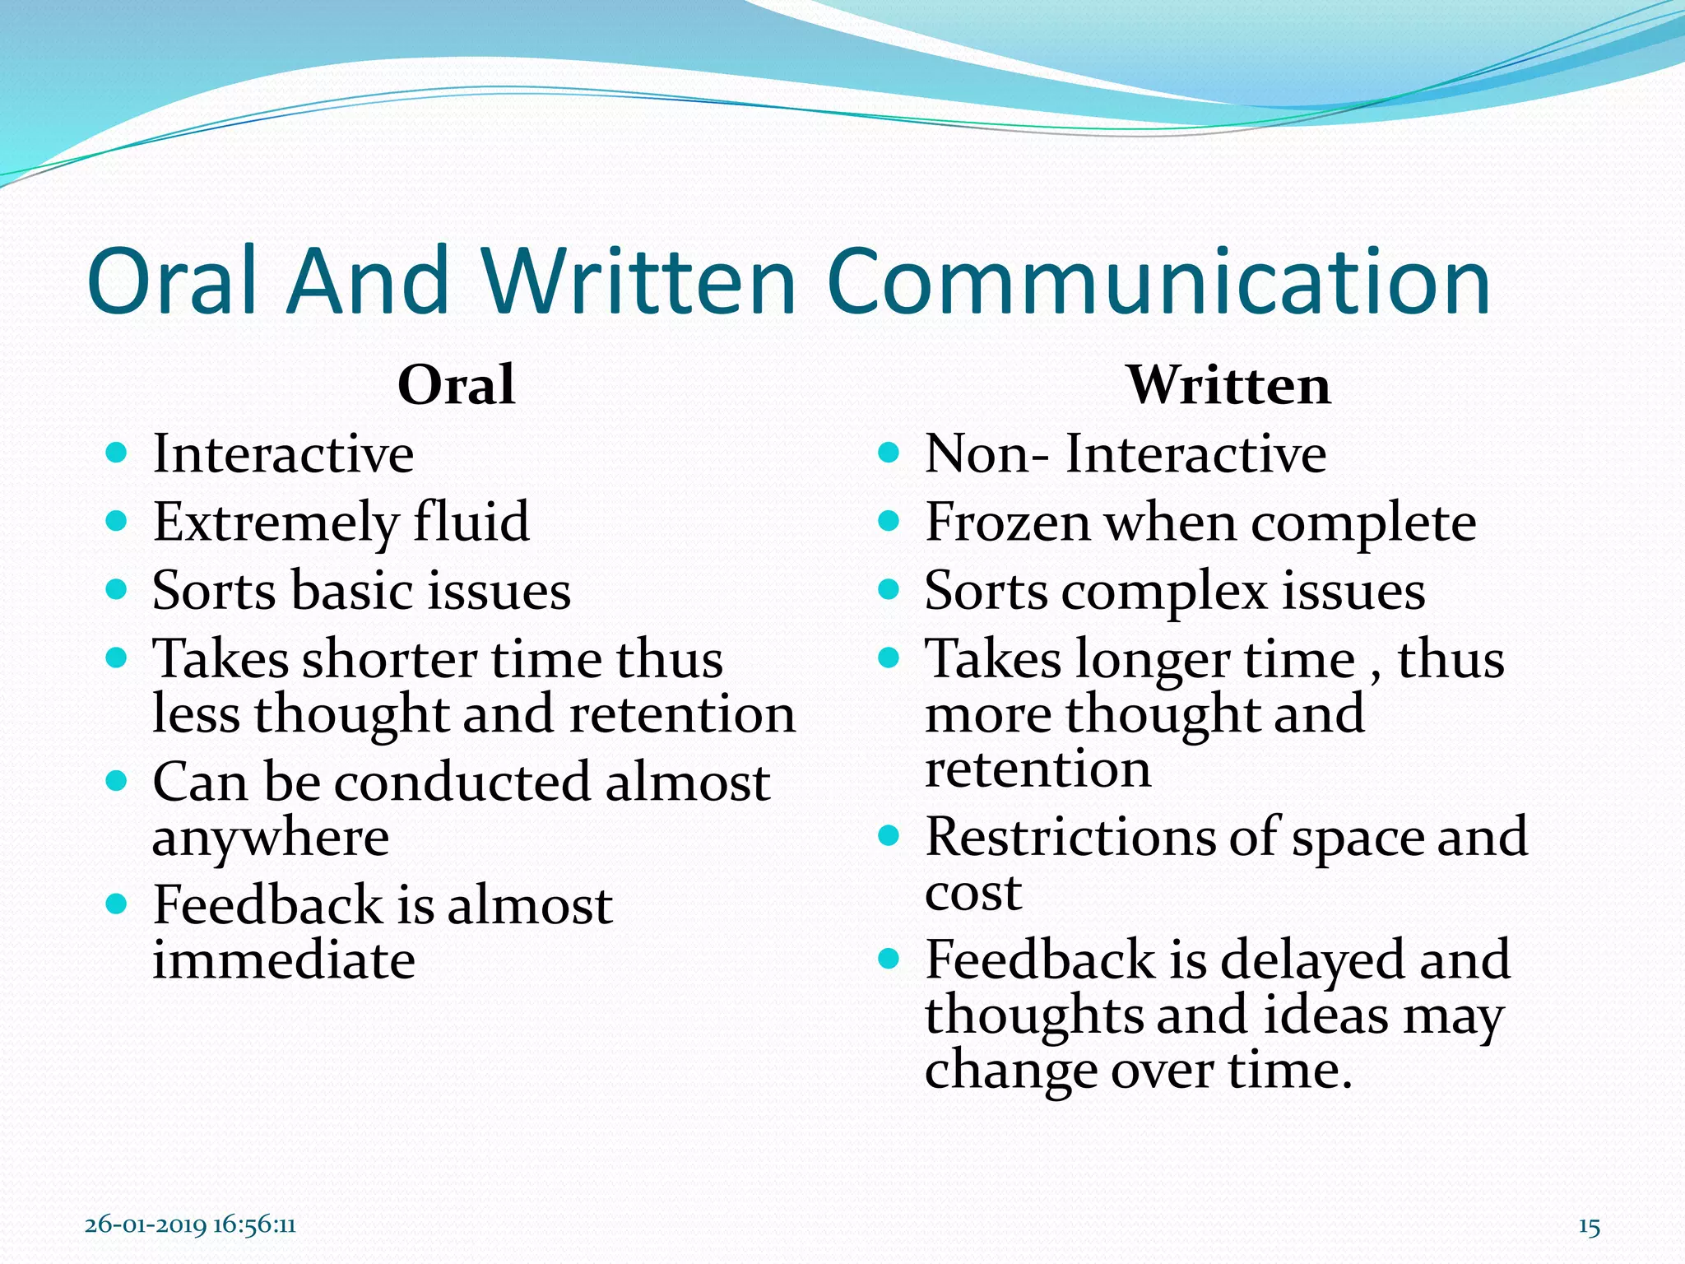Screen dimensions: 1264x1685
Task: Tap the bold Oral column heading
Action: click(456, 385)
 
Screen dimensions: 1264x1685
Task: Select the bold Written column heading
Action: click(1228, 385)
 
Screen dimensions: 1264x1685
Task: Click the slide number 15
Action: click(1589, 1227)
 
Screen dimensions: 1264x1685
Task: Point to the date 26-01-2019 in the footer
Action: click(146, 1225)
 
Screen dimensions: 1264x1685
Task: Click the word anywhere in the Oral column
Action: click(270, 838)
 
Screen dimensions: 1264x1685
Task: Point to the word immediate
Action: click(283, 960)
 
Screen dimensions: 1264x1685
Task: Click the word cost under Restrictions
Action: click(972, 894)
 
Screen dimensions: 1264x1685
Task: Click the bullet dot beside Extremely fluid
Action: click(117, 521)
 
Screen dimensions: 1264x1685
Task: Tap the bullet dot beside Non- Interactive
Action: click(889, 453)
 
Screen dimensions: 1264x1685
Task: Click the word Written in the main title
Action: click(638, 281)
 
